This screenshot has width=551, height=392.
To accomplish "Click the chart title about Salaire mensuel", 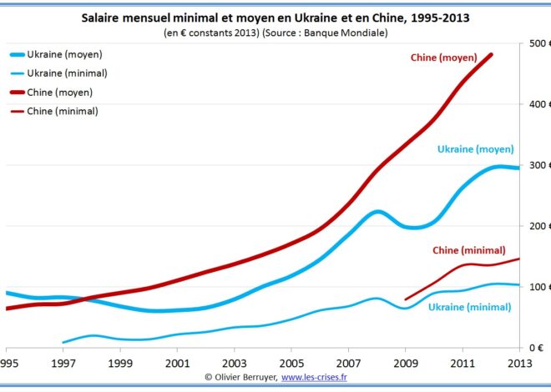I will click(x=275, y=17).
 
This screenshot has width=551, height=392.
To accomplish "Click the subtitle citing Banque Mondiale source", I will click(x=275, y=33).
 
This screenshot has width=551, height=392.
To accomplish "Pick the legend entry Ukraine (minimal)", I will click(x=66, y=73).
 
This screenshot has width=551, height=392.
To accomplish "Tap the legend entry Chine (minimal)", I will click(x=63, y=111).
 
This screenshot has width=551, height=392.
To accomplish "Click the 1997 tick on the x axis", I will click(x=63, y=364).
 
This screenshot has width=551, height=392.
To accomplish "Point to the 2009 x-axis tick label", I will click(x=406, y=364).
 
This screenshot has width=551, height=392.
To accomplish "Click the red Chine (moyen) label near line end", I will click(x=443, y=58).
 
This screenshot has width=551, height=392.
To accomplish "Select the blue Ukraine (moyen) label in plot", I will click(x=475, y=150).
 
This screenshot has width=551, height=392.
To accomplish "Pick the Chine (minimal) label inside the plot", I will click(x=468, y=250).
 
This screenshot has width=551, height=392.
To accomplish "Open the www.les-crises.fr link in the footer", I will click(x=314, y=378).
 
